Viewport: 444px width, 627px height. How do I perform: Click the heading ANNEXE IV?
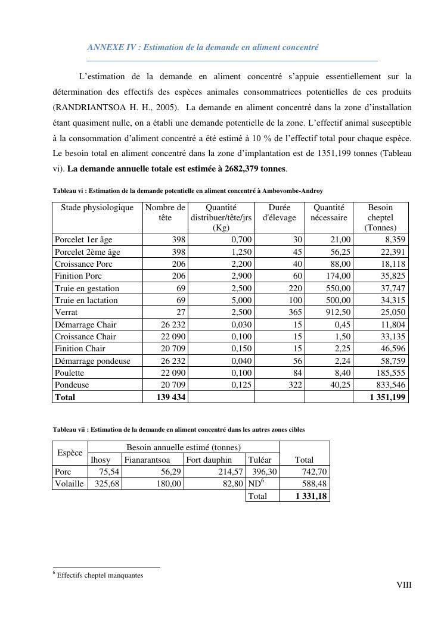(203, 48)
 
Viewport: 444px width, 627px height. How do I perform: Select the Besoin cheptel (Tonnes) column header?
(380, 217)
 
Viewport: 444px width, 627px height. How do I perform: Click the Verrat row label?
(66, 312)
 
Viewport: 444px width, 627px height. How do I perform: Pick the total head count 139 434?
(171, 397)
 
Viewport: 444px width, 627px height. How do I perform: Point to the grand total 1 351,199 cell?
(386, 397)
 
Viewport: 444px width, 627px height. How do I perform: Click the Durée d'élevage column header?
(279, 213)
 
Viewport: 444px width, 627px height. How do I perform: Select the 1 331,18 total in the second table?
(311, 495)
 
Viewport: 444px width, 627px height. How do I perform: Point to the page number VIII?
(404, 585)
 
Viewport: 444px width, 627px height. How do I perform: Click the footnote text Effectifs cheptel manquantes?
(100, 575)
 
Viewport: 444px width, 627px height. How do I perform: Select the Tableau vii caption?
(178, 429)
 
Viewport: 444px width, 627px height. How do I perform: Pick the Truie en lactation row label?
(86, 300)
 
